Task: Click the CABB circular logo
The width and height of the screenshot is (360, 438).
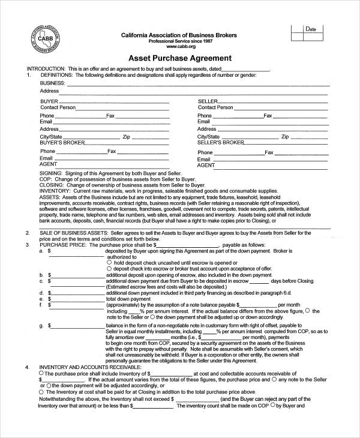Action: pyautogui.click(x=43, y=39)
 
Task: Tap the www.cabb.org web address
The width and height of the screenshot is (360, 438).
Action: pyautogui.click(x=179, y=46)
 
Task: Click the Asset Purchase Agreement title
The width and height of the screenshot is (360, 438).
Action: pyautogui.click(x=180, y=59)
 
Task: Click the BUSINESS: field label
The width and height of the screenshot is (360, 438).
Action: pyautogui.click(x=53, y=83)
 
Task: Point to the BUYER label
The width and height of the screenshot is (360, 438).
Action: pyautogui.click(x=49, y=101)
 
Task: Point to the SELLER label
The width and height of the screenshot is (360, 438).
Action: pyautogui.click(x=207, y=101)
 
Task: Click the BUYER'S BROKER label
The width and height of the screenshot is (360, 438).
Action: pyautogui.click(x=59, y=143)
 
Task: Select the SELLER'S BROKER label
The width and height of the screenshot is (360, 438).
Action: pyautogui.click(x=221, y=143)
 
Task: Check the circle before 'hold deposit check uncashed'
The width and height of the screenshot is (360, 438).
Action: pyautogui.click(x=109, y=262)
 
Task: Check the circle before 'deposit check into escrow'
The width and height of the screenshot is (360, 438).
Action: pyautogui.click(x=109, y=268)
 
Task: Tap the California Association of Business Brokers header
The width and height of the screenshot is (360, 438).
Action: pyautogui.click(x=180, y=35)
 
